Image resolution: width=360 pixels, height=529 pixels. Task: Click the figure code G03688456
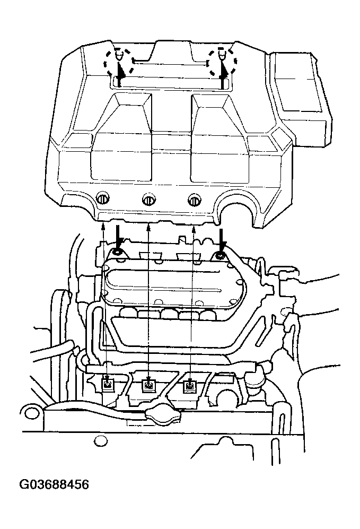coord(54,485)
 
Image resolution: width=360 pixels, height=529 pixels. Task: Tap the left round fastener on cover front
coord(102,199)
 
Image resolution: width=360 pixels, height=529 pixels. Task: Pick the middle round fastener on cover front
coord(148,199)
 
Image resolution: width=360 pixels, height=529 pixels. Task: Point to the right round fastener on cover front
coord(195,200)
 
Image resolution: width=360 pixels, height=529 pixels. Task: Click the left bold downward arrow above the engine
coord(118,237)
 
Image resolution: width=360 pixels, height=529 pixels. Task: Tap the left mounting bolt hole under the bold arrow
coord(117,253)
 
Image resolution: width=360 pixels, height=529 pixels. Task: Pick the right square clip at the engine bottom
coord(189,385)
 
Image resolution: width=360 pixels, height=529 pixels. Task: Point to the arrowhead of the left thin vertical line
coord(103,225)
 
